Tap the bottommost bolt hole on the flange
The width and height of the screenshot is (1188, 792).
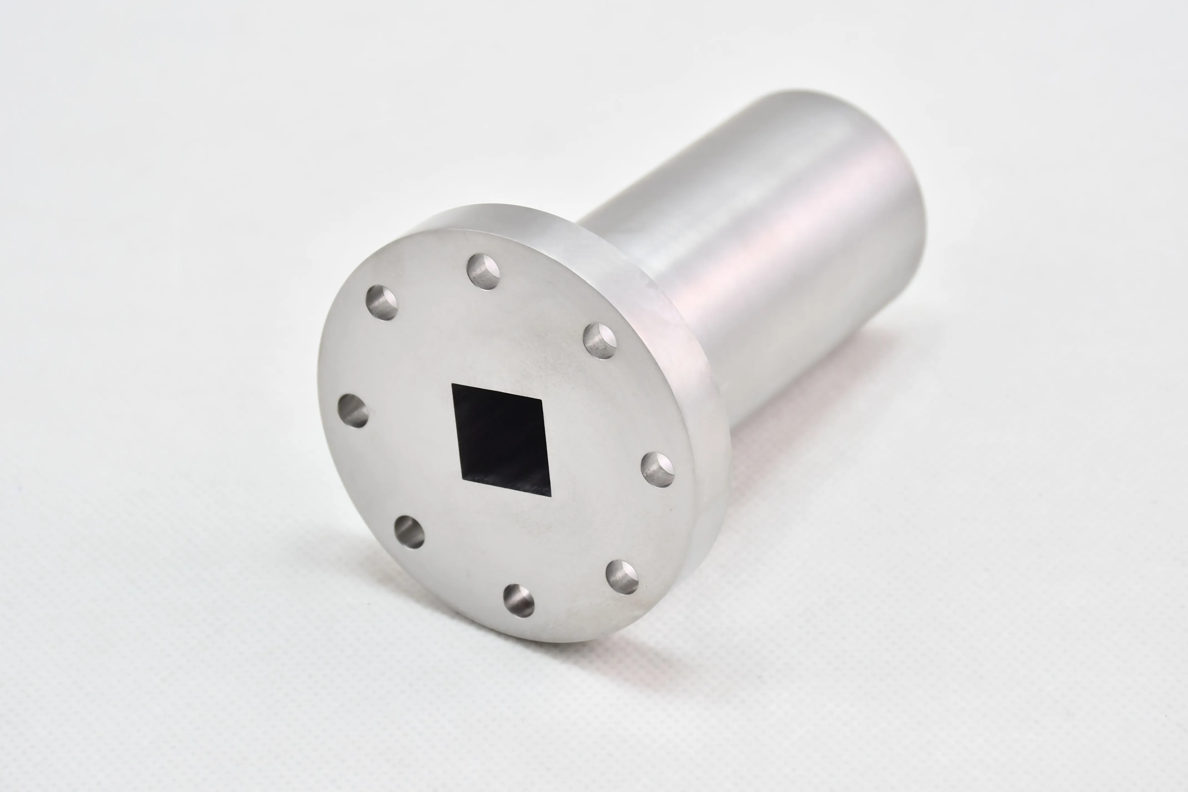tap(519, 601)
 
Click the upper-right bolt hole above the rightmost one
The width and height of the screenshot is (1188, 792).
tap(600, 341)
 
